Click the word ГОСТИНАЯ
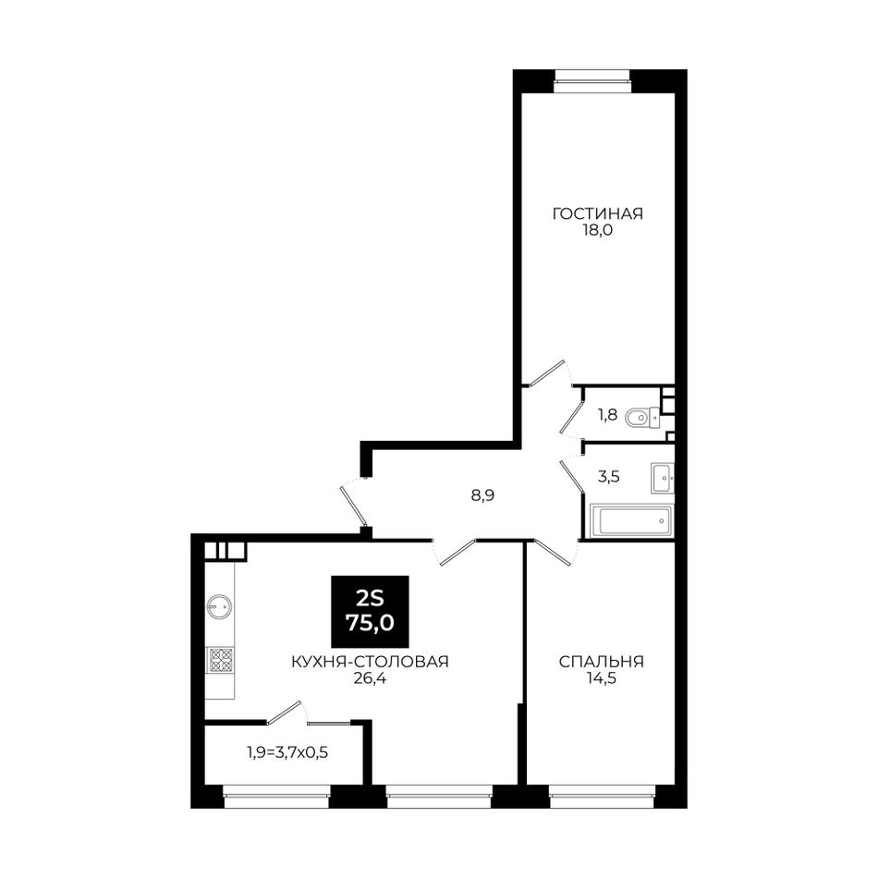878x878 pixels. (x=597, y=213)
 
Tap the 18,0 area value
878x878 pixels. (x=597, y=230)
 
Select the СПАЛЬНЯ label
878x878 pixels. (x=602, y=662)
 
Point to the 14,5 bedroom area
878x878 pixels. (x=602, y=678)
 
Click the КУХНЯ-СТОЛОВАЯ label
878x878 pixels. (x=370, y=662)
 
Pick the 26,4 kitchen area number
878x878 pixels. (x=370, y=678)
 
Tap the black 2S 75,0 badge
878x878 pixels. (x=370, y=612)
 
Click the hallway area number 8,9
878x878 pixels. (x=482, y=495)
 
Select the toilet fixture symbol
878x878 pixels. (x=642, y=417)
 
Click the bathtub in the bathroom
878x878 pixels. (x=631, y=521)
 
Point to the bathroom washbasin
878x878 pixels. (x=662, y=478)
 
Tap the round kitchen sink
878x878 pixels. (x=219, y=606)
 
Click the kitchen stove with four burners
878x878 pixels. (x=220, y=660)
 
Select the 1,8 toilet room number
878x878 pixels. (x=607, y=416)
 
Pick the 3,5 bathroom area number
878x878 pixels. (x=609, y=478)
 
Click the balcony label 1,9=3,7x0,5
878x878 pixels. (x=287, y=752)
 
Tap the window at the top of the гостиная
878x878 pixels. (x=591, y=81)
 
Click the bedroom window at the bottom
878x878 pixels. (x=602, y=797)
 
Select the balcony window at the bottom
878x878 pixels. (x=276, y=797)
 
